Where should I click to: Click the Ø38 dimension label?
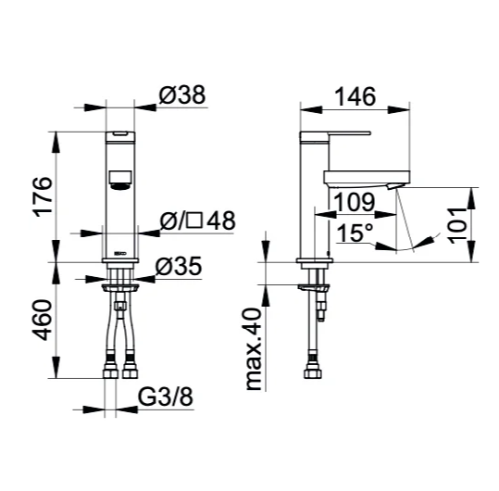(182, 94)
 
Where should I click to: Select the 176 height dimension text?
(44, 197)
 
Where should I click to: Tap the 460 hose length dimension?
(43, 320)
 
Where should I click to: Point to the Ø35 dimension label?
(179, 266)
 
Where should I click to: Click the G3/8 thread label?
(166, 397)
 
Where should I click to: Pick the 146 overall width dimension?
(356, 96)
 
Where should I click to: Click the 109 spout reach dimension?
(355, 202)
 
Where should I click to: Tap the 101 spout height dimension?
(457, 225)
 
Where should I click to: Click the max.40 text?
(255, 349)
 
